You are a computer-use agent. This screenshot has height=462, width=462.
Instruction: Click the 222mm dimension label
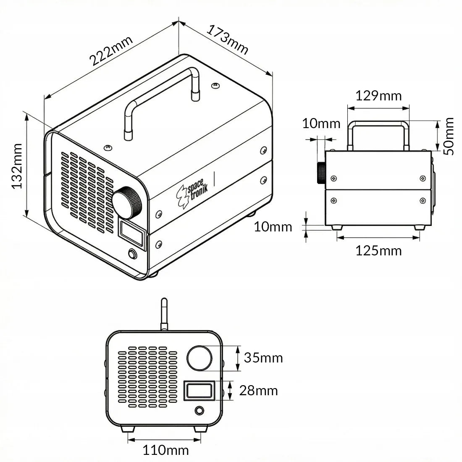click(x=111, y=51)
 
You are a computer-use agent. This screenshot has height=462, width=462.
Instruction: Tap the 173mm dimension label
click(x=228, y=39)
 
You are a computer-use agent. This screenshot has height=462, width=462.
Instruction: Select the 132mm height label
click(x=17, y=166)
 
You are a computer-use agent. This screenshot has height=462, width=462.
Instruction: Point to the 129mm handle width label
click(x=378, y=96)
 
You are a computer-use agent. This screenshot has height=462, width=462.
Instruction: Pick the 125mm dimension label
click(x=378, y=251)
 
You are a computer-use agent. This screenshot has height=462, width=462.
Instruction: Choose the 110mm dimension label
click(x=165, y=450)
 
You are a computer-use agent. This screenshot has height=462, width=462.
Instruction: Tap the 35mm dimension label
click(x=263, y=358)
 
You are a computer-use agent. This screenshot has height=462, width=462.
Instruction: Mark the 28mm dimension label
click(x=258, y=391)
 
